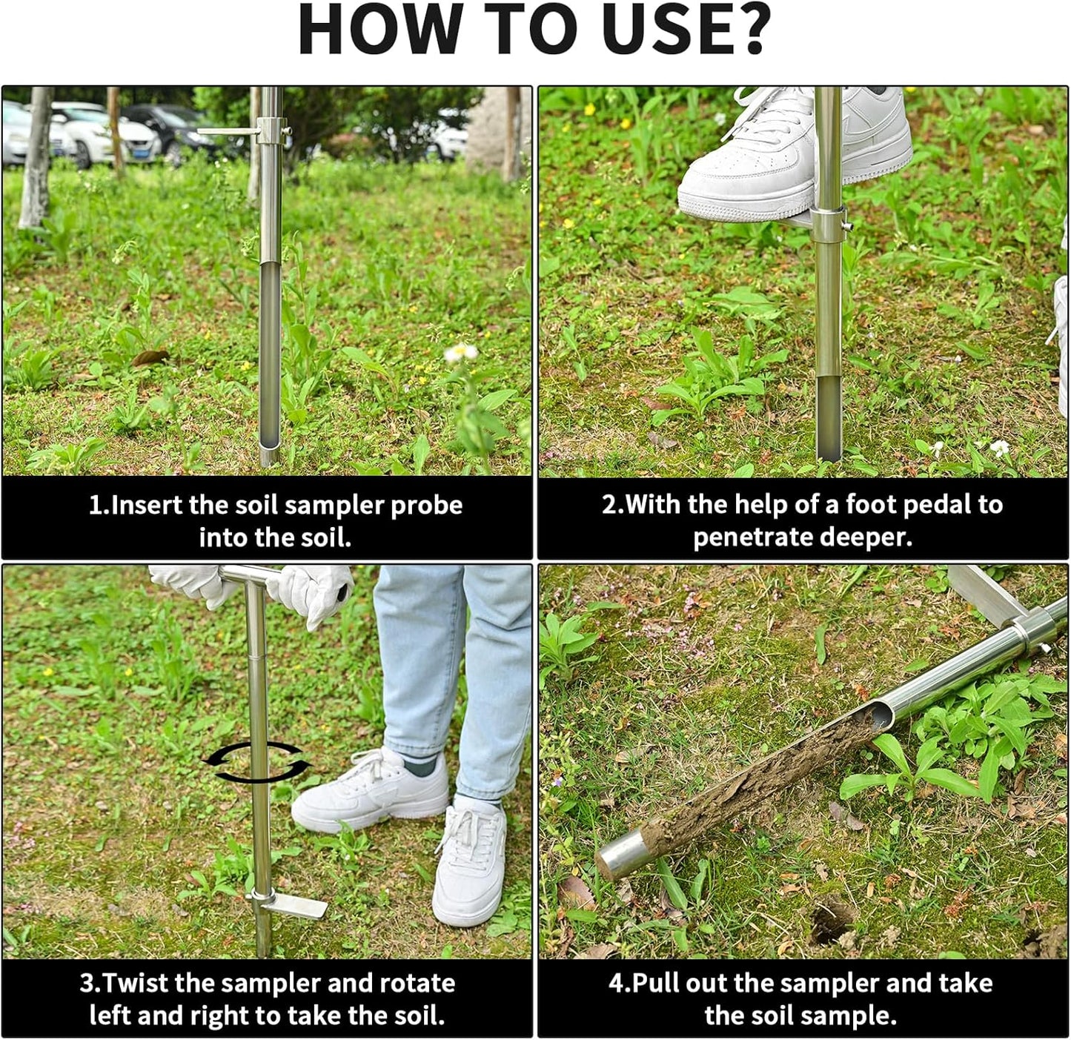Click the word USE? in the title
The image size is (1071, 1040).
pos(685,30)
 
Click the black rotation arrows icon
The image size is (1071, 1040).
pos(257,762)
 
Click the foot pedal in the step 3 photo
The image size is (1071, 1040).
pos(296,904)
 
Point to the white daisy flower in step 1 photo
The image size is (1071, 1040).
pos(461,353)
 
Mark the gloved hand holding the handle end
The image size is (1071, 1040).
pos(315,589)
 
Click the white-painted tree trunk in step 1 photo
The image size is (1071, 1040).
pos(35,159)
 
